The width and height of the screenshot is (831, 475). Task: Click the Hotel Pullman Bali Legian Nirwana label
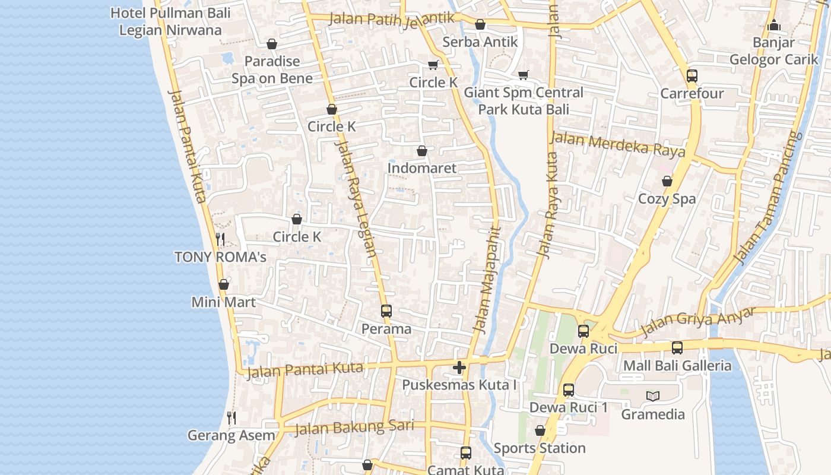(x=170, y=21)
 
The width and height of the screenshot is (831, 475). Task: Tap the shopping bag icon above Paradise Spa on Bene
(x=272, y=44)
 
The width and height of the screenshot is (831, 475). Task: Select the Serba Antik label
(x=480, y=42)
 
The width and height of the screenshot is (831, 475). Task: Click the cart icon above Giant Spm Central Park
(x=523, y=75)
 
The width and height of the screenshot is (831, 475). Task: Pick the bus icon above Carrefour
(x=692, y=76)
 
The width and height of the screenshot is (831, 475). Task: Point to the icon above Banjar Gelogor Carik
(x=773, y=25)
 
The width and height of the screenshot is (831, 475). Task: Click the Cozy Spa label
(x=667, y=199)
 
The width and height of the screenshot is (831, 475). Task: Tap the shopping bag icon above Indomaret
(x=422, y=151)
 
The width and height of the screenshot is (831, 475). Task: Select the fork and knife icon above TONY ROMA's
(x=220, y=239)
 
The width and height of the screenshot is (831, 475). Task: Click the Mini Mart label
(x=223, y=302)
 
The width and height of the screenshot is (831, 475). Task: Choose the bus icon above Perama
(x=386, y=311)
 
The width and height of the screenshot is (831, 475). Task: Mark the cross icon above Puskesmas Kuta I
(x=459, y=368)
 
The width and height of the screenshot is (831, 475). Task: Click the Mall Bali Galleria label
(x=677, y=365)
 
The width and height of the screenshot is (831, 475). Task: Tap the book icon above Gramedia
(x=653, y=396)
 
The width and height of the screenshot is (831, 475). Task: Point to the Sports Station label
(x=540, y=448)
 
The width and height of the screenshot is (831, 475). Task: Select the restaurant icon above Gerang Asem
(x=231, y=418)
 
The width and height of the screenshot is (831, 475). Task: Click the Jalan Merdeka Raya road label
(x=618, y=144)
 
